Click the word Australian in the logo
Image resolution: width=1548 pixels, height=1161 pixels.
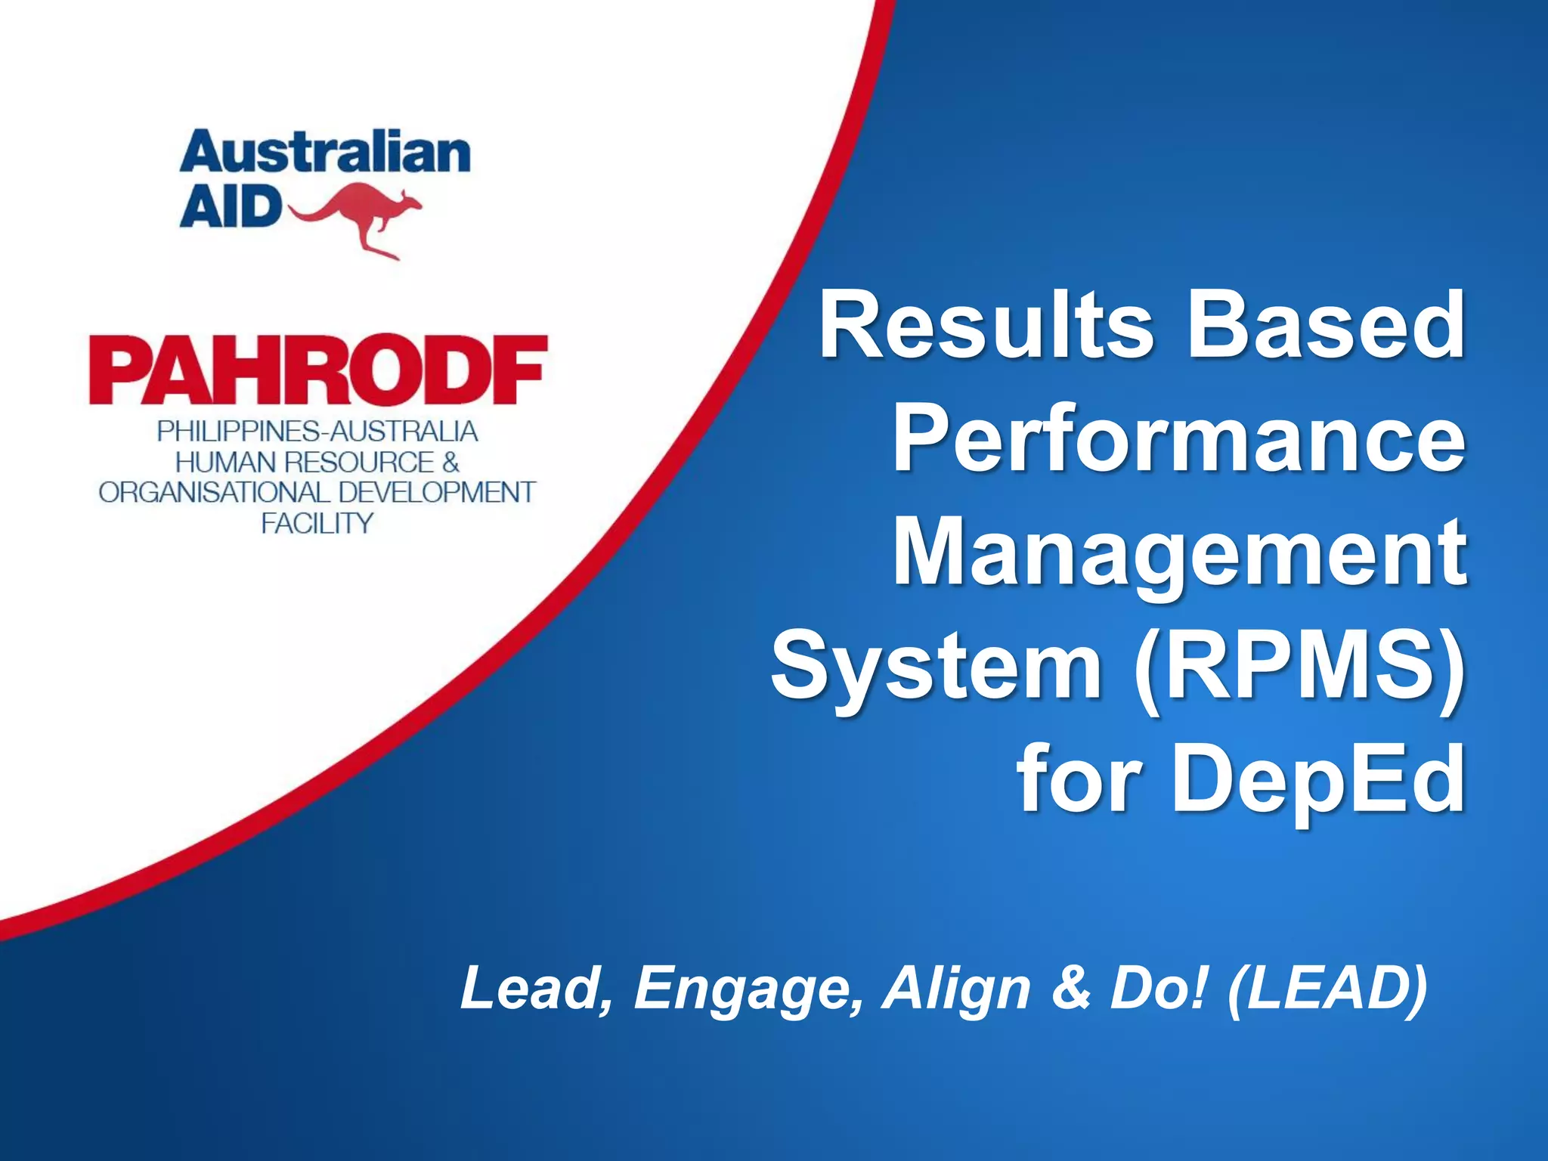coord(325,153)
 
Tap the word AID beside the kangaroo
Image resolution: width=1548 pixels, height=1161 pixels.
coord(230,208)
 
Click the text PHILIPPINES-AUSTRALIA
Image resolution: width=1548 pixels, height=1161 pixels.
coord(317,432)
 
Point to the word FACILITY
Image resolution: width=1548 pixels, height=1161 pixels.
coord(317,523)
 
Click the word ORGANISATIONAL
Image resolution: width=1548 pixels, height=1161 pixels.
coord(214,493)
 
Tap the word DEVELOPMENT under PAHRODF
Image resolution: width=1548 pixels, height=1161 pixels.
coord(437,493)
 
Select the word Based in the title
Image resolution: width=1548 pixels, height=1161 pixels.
coord(1327,327)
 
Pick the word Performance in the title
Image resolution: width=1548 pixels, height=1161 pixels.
coord(1179,440)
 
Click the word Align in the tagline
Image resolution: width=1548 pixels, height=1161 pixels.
coord(957,989)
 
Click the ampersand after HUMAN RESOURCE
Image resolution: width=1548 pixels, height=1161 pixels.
coord(450,462)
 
